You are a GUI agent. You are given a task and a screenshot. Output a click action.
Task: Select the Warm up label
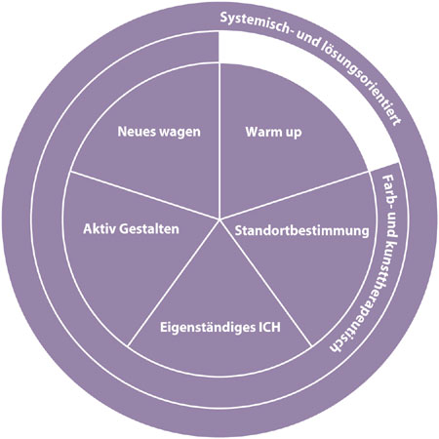(x=273, y=133)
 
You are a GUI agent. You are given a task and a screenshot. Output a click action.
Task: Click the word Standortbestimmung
(x=302, y=230)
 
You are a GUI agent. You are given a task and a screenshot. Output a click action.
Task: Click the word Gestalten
(x=149, y=228)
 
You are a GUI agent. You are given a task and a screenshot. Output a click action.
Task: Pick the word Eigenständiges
(x=208, y=328)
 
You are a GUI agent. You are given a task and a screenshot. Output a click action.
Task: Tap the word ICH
(x=269, y=327)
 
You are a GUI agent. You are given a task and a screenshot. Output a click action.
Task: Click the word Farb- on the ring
(x=388, y=193)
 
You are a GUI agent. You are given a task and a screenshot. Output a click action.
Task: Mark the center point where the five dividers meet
(x=219, y=219)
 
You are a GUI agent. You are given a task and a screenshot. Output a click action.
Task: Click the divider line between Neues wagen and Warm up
(x=219, y=141)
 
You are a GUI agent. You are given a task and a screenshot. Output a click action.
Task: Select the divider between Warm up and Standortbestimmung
(x=295, y=195)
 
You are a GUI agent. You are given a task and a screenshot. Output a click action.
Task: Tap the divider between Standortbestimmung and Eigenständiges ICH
(x=265, y=283)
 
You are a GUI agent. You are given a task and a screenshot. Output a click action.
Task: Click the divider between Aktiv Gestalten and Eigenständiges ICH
(x=174, y=283)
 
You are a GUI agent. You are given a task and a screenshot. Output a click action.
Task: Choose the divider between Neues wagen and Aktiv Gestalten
(x=144, y=195)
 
